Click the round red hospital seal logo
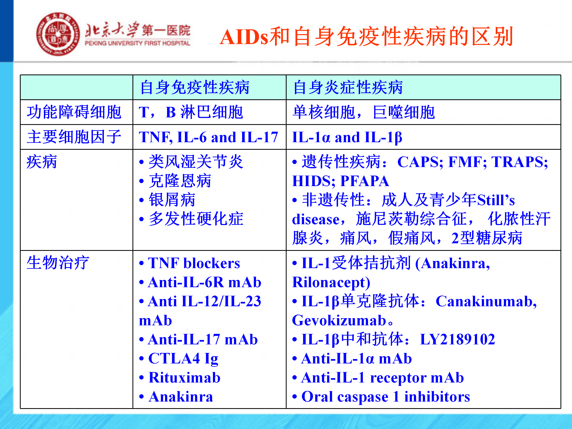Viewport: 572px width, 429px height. (58, 34)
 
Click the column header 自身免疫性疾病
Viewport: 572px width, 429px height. (195, 87)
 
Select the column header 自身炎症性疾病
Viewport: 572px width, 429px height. (348, 87)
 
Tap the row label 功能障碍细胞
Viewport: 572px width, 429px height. (74, 112)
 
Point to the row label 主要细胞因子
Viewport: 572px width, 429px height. (74, 137)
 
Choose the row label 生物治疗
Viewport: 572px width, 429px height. (58, 263)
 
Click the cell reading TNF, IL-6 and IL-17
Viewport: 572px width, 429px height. (208, 137)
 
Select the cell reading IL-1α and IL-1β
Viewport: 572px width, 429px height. (347, 137)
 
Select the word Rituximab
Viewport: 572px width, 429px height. (184, 378)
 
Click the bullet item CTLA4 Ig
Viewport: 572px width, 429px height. (183, 359)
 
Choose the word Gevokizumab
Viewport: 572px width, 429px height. (339, 320)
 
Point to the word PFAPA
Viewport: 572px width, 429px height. (365, 181)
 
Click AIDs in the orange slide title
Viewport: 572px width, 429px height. (244, 37)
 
